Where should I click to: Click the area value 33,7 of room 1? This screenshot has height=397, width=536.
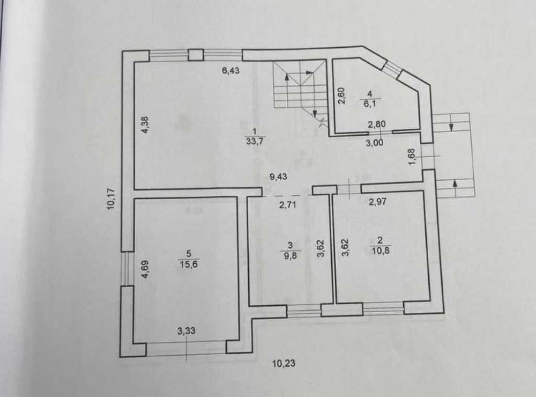coord(255,141)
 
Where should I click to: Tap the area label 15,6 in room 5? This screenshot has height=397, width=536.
coord(189,264)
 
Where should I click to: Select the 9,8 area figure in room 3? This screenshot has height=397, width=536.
coord(290,256)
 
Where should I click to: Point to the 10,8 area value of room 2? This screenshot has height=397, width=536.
coord(381,251)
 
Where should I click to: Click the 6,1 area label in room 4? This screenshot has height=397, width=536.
coord(369,104)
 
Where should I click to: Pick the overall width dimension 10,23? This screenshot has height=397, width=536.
coord(284,363)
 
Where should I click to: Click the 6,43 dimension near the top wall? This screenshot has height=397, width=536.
coord(230,70)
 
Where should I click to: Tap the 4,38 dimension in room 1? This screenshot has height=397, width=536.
coord(145,125)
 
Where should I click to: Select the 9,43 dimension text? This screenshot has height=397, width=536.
coord(278,177)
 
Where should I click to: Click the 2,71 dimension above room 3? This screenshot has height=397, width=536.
coord(287,205)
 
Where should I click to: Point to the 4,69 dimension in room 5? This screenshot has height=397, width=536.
coord(145,269)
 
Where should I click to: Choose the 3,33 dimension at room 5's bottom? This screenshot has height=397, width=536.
coord(187,330)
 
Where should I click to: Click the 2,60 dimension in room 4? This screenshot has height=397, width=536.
coord(342,95)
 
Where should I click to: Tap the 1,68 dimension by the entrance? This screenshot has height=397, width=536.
coord(412,157)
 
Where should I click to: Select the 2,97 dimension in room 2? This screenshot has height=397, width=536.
coord(377,201)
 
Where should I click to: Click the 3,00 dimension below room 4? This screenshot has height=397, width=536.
coord(375,142)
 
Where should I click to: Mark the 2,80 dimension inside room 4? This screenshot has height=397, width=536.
coord(377,124)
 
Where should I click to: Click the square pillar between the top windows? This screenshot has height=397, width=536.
coord(196,55)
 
